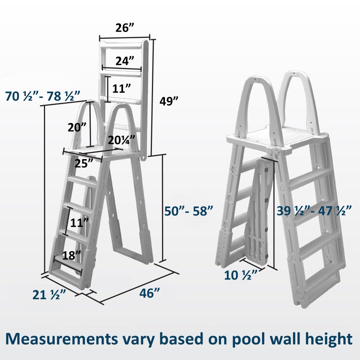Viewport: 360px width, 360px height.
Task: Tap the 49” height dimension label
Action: tap(169, 102)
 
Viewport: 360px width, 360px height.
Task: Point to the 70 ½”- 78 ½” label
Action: tap(43, 96)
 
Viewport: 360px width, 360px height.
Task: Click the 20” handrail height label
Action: tap(77, 127)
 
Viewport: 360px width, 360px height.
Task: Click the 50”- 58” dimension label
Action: tap(186, 211)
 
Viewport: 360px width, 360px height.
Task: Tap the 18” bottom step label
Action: tap(72, 256)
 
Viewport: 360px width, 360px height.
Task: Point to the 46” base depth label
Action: tap(149, 293)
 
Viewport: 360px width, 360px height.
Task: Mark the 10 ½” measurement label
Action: tap(241, 275)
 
